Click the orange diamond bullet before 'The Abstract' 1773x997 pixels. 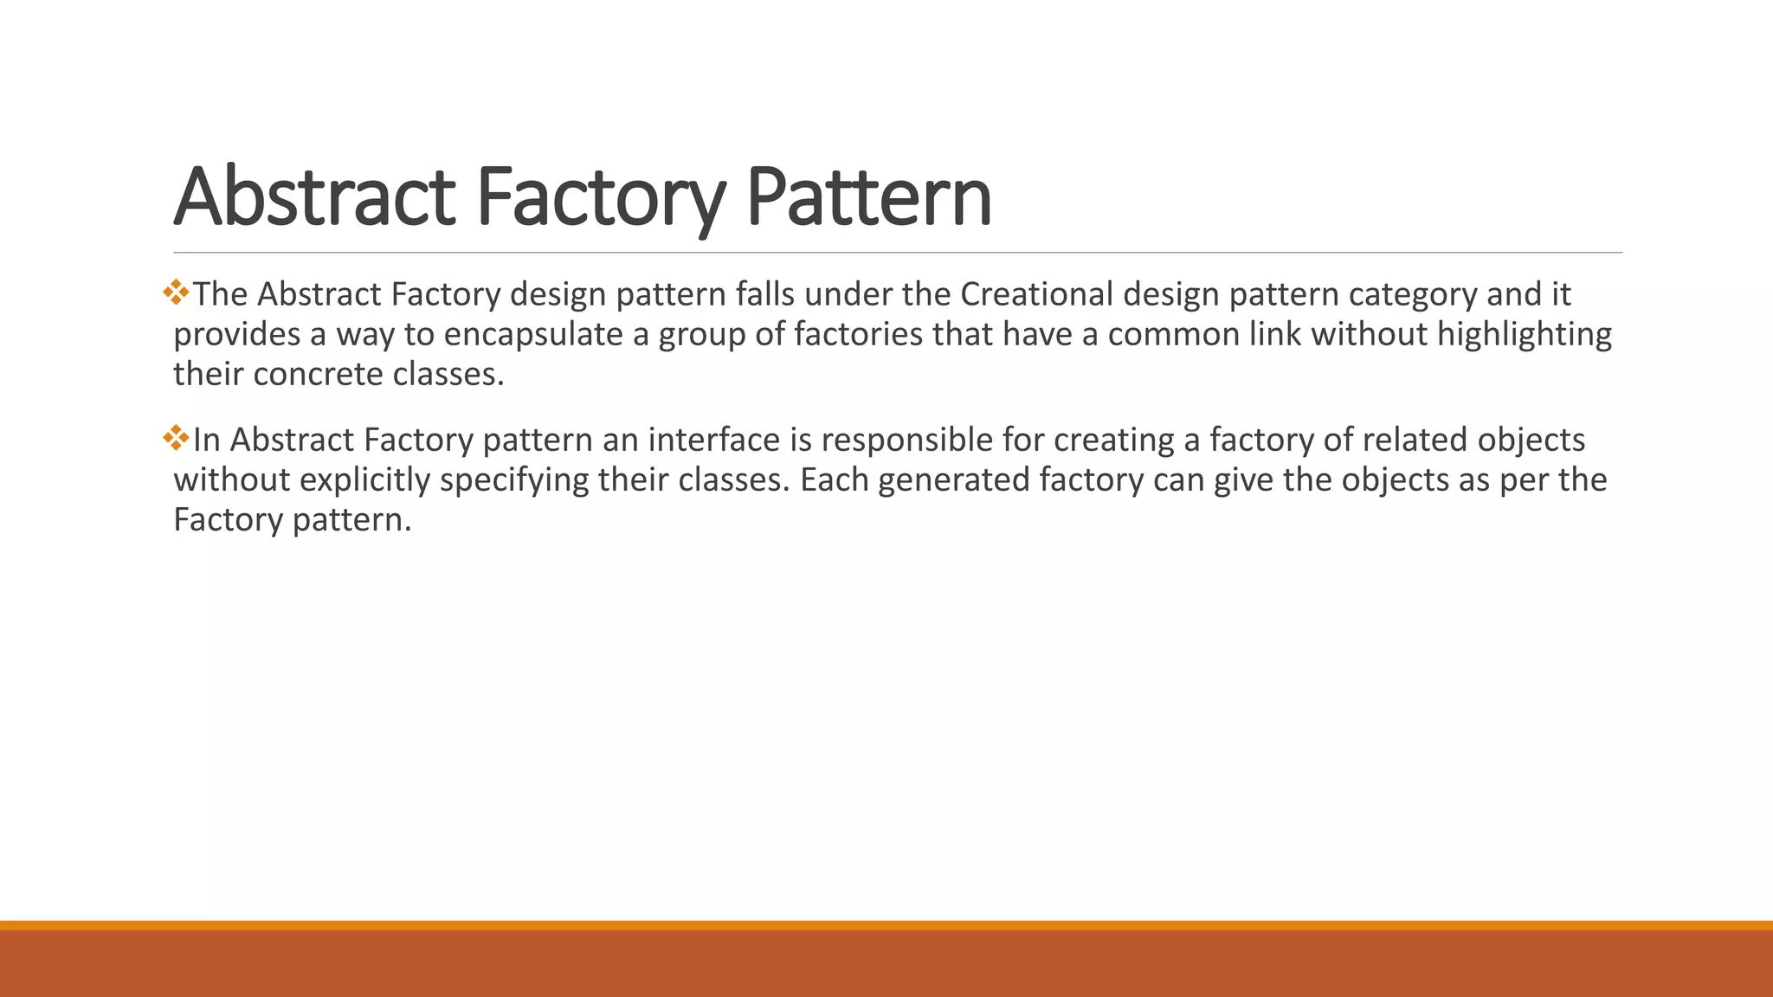click(x=176, y=292)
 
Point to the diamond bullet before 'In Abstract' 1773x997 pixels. click(x=176, y=437)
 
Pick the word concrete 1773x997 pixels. click(x=318, y=374)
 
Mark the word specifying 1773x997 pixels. click(x=514, y=479)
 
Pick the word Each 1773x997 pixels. click(x=834, y=479)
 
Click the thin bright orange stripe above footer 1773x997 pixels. click(x=886, y=925)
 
